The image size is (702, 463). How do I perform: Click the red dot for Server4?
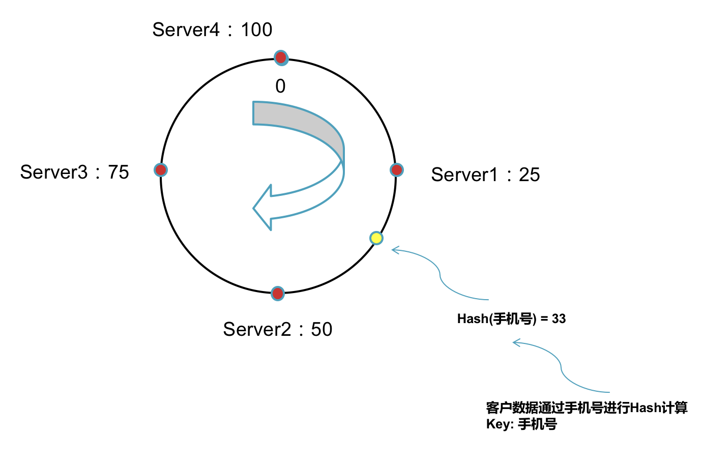(x=281, y=57)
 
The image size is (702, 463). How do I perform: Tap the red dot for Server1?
(x=397, y=170)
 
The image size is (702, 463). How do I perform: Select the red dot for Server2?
(x=277, y=293)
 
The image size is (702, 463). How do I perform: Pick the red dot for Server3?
(x=161, y=170)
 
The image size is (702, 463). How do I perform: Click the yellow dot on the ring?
(x=376, y=238)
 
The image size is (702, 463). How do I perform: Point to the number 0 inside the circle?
(x=280, y=86)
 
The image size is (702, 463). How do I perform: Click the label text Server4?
(x=186, y=30)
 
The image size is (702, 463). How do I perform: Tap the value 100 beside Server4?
(x=256, y=30)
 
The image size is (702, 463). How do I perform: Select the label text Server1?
(x=464, y=175)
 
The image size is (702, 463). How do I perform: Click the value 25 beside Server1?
(x=529, y=175)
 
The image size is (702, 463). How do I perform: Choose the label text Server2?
(x=257, y=329)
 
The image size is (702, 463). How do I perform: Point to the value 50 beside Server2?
(x=321, y=329)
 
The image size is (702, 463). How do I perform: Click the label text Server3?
(x=54, y=172)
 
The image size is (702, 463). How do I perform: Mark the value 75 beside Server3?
(x=119, y=172)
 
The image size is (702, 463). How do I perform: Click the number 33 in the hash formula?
(x=559, y=319)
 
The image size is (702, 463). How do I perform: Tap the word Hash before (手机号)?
(x=473, y=319)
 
